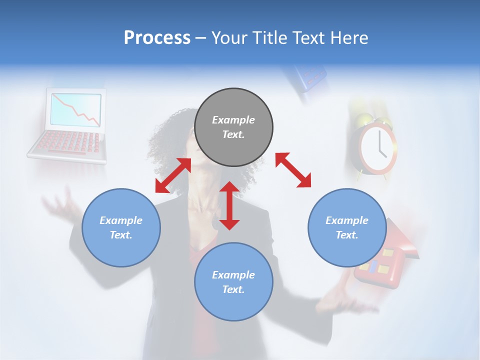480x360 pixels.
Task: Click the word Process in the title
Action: pyautogui.click(x=157, y=38)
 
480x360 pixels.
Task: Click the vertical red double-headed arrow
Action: pyautogui.click(x=229, y=205)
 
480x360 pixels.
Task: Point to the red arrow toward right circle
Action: pyautogui.click(x=293, y=170)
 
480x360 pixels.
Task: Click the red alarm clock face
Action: pyautogui.click(x=378, y=145)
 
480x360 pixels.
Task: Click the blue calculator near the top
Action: pyautogui.click(x=308, y=77)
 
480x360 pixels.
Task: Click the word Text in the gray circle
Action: pyautogui.click(x=233, y=134)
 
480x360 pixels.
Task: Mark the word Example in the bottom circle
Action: pyautogui.click(x=233, y=275)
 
